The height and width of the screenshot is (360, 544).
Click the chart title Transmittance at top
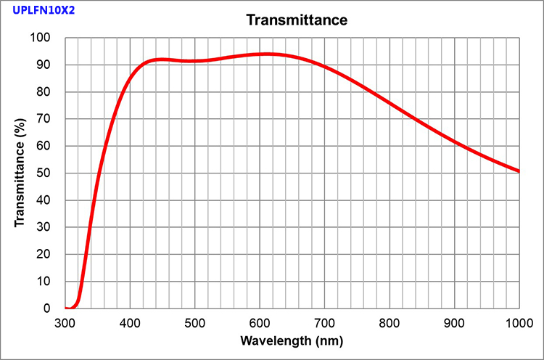point(297,20)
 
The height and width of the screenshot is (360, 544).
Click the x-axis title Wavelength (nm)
point(292,340)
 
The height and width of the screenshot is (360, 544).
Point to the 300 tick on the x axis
point(65,322)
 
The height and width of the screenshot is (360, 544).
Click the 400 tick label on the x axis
point(130,322)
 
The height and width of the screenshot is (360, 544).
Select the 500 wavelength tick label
point(195,322)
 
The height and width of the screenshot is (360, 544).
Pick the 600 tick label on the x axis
point(260,322)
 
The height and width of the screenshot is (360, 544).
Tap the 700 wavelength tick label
point(325,322)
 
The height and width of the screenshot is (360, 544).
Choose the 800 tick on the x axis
point(390,322)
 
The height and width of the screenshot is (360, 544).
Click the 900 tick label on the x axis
point(455,322)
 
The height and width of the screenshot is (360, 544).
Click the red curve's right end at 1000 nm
point(519,171)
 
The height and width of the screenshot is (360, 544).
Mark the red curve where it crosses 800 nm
point(390,103)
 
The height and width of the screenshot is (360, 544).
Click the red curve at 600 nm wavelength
point(260,54)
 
